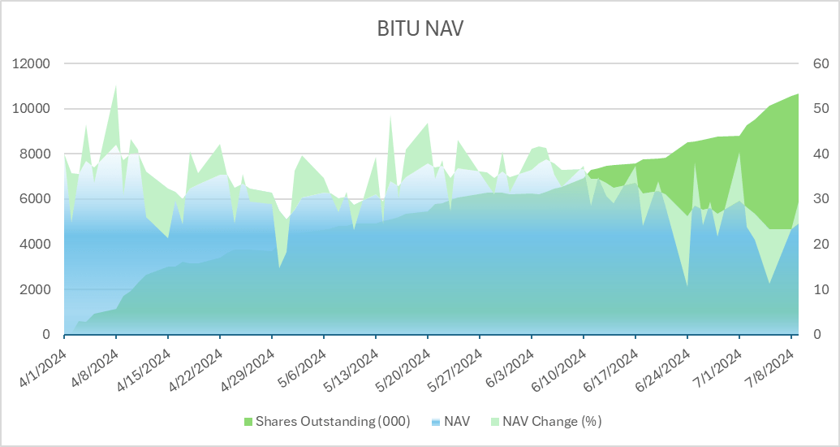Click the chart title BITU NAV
click(420, 29)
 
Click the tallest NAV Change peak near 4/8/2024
click(116, 85)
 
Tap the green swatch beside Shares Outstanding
click(248, 421)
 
